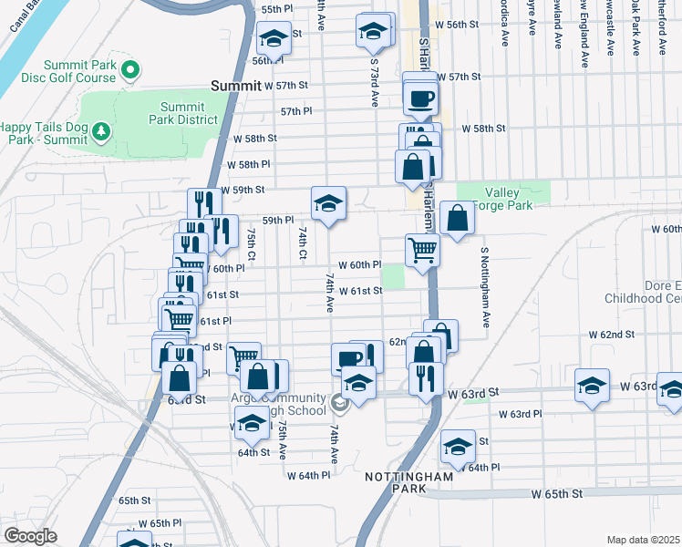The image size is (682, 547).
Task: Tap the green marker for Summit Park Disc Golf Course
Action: coord(129,69)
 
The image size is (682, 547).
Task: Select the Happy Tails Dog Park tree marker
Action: coord(100,133)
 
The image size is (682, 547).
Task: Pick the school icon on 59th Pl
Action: coord(328,203)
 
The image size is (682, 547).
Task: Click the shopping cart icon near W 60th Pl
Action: coord(422,249)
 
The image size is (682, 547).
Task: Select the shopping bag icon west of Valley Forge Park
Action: coord(457,219)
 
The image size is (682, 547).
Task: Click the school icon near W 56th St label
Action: coord(372,31)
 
